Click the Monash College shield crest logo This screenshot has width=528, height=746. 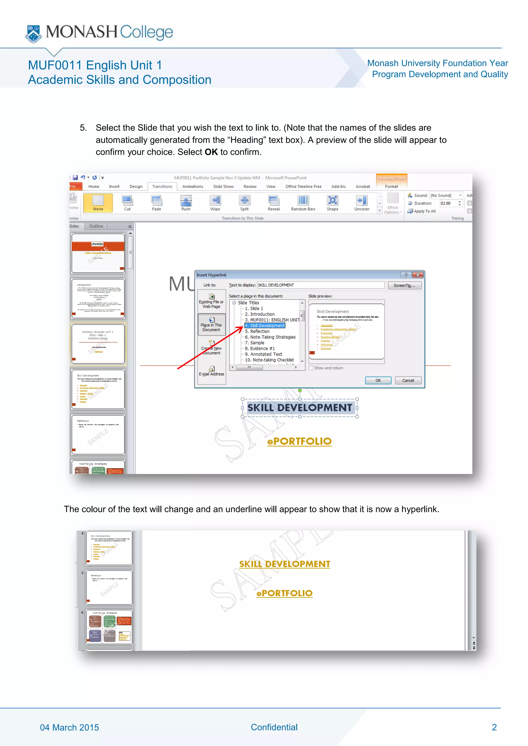34,33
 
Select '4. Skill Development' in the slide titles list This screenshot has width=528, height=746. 265,326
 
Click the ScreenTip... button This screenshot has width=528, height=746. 404,285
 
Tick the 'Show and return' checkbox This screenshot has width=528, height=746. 311,368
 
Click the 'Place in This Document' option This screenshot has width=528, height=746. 211,324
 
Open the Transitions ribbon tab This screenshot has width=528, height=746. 162,186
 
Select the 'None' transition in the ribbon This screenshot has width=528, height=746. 98,203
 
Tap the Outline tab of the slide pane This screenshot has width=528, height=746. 96,226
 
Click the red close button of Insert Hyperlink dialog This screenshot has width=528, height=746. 417,275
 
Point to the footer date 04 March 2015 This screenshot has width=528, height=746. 69,727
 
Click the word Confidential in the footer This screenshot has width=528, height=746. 274,727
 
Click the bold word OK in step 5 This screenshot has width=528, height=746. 211,152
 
